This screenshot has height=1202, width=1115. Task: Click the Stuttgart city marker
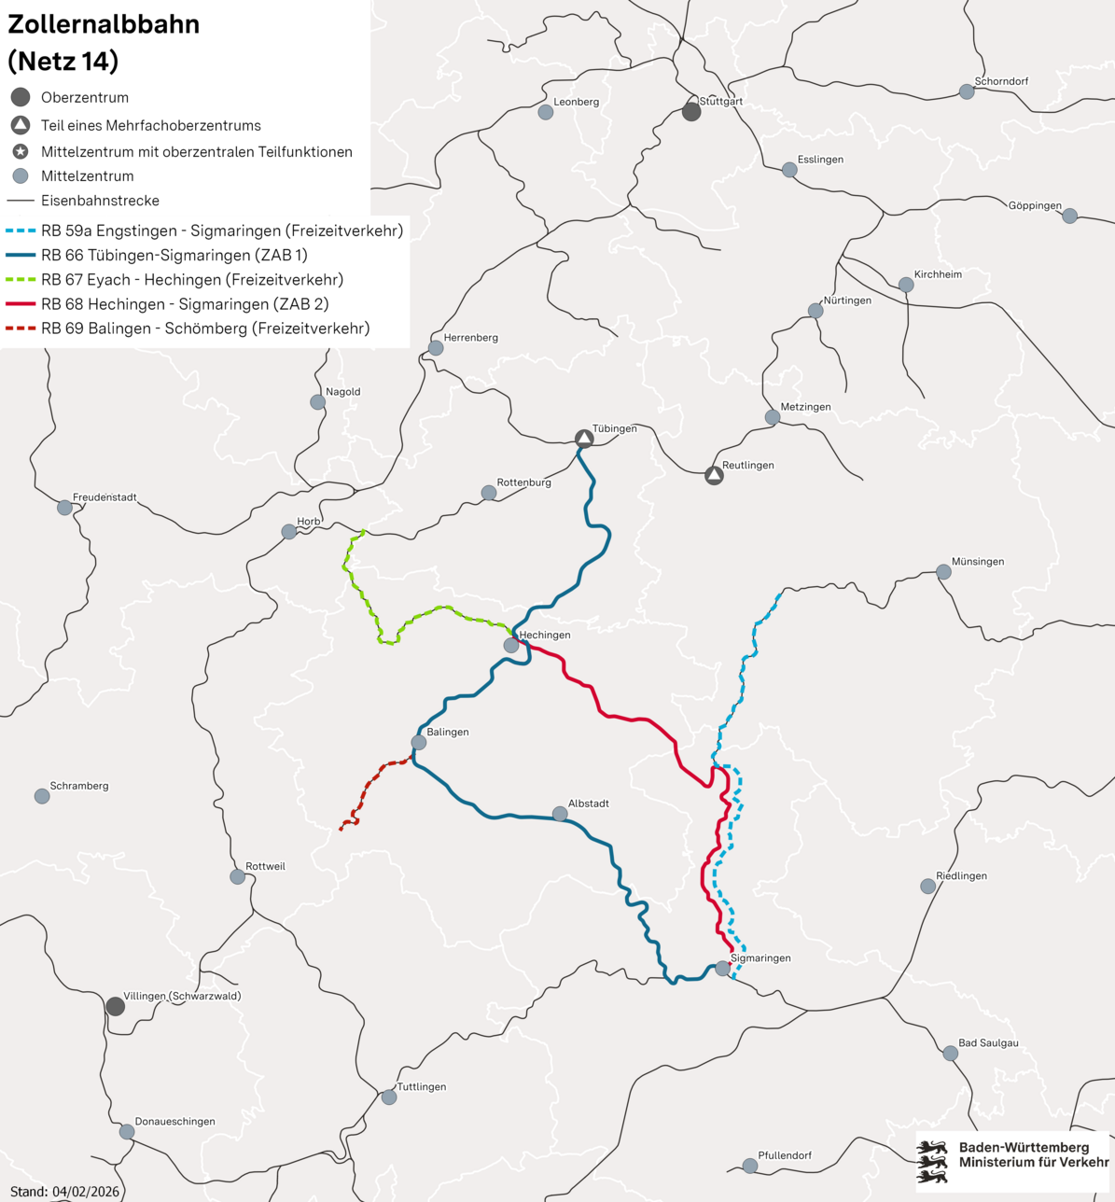pos(691,112)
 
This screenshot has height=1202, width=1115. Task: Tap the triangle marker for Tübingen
pos(584,439)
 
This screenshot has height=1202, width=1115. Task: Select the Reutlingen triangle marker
pos(714,475)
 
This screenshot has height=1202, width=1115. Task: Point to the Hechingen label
pos(545,635)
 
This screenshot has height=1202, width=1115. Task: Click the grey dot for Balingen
pos(419,743)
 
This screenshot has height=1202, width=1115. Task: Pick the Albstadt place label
pos(588,803)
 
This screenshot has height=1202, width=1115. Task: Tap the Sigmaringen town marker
pos(723,969)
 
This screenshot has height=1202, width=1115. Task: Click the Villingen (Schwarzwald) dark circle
pos(115,1006)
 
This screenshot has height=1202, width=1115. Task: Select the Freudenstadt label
pos(105,497)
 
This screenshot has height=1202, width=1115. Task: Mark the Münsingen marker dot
pos(943,572)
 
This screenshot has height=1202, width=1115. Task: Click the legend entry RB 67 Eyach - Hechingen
pos(192,280)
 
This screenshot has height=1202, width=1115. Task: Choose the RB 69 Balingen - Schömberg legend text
pos(205,328)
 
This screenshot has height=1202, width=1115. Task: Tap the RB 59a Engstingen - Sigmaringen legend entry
pos(222,231)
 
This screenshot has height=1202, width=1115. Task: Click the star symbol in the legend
pos(21,151)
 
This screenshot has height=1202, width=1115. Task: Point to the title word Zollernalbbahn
pos(104,24)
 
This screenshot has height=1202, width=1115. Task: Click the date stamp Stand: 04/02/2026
pos(64,1192)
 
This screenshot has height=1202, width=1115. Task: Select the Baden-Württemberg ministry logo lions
pos(932,1161)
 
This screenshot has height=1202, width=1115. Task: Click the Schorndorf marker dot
pos(967,91)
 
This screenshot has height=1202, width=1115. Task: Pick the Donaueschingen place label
pos(174,1122)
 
